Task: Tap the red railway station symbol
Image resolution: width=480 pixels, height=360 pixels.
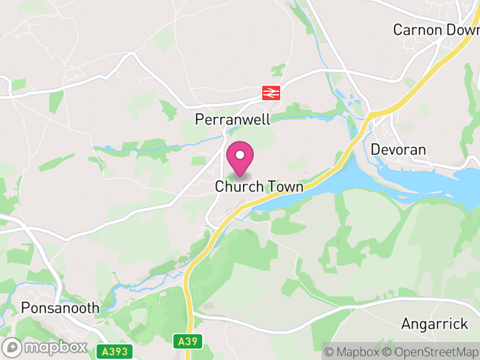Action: point(271,92)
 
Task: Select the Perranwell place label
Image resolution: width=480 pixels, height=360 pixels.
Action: point(233,119)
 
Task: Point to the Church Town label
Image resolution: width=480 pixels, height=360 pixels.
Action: point(259,187)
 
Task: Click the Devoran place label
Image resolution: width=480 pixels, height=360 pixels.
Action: point(398,149)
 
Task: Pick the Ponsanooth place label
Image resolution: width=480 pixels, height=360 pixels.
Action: point(60,308)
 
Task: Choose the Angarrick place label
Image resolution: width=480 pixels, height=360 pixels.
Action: point(434,325)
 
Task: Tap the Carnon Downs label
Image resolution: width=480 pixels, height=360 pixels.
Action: point(436,29)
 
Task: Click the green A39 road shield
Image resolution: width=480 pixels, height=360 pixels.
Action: point(189,341)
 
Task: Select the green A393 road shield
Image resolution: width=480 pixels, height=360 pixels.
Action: point(114,350)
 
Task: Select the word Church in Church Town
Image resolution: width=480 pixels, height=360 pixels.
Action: point(239,187)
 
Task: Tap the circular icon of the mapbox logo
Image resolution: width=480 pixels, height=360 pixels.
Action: point(12,347)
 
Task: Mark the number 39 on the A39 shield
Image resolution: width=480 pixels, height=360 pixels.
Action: point(193,341)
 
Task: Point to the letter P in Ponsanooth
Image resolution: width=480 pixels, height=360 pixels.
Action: point(25,308)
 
